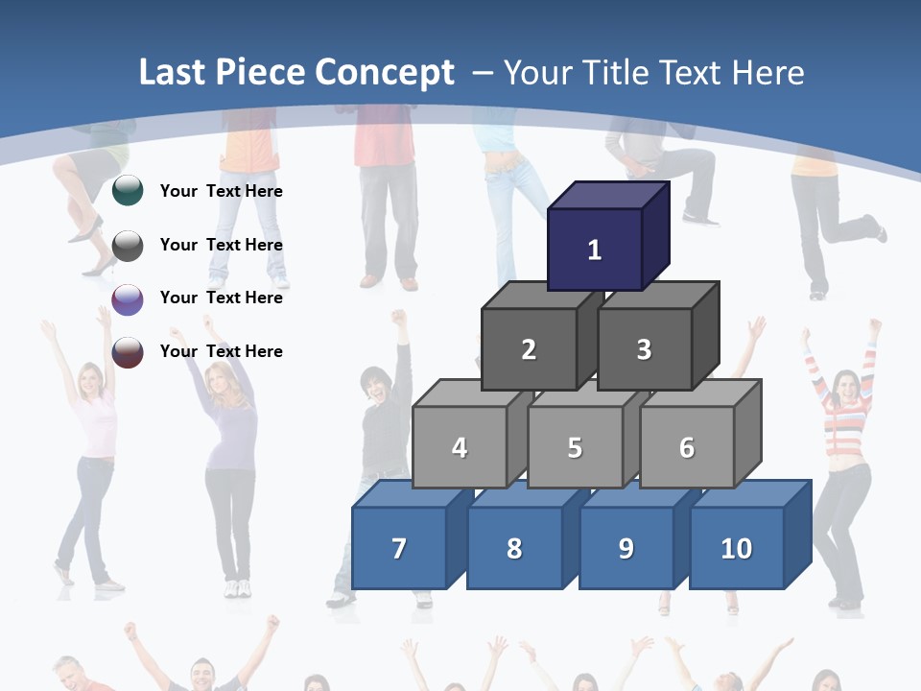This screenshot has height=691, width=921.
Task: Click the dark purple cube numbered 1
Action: pyautogui.click(x=595, y=250)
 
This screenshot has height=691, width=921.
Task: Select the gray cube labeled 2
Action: pyautogui.click(x=529, y=349)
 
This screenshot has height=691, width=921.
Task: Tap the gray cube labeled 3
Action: pyautogui.click(x=644, y=349)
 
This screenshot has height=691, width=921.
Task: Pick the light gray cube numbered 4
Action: pyautogui.click(x=460, y=447)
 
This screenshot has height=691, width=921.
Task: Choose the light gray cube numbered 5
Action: pyautogui.click(x=575, y=447)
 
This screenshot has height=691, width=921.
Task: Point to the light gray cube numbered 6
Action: pyautogui.click(x=687, y=447)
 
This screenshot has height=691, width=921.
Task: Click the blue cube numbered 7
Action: pyautogui.click(x=399, y=548)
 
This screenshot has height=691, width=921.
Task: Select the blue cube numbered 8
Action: pyautogui.click(x=514, y=548)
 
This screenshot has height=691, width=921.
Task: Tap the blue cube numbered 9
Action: pyautogui.click(x=626, y=548)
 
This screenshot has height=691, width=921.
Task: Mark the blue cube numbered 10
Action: pyautogui.click(x=737, y=548)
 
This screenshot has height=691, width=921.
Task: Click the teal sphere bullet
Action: pyautogui.click(x=128, y=191)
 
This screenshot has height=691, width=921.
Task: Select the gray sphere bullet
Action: pyautogui.click(x=128, y=245)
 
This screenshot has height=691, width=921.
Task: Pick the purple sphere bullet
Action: pyautogui.click(x=128, y=298)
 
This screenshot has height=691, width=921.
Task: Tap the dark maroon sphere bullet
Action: pyautogui.click(x=128, y=352)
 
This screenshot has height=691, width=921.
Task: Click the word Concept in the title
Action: pyautogui.click(x=384, y=73)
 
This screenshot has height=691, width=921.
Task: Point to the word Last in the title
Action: pyautogui.click(x=174, y=73)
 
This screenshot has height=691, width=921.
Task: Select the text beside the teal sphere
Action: pyautogui.click(x=222, y=191)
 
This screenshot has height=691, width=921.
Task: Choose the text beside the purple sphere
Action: pyautogui.click(x=222, y=298)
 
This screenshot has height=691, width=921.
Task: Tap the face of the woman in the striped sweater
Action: pyautogui.click(x=848, y=388)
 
